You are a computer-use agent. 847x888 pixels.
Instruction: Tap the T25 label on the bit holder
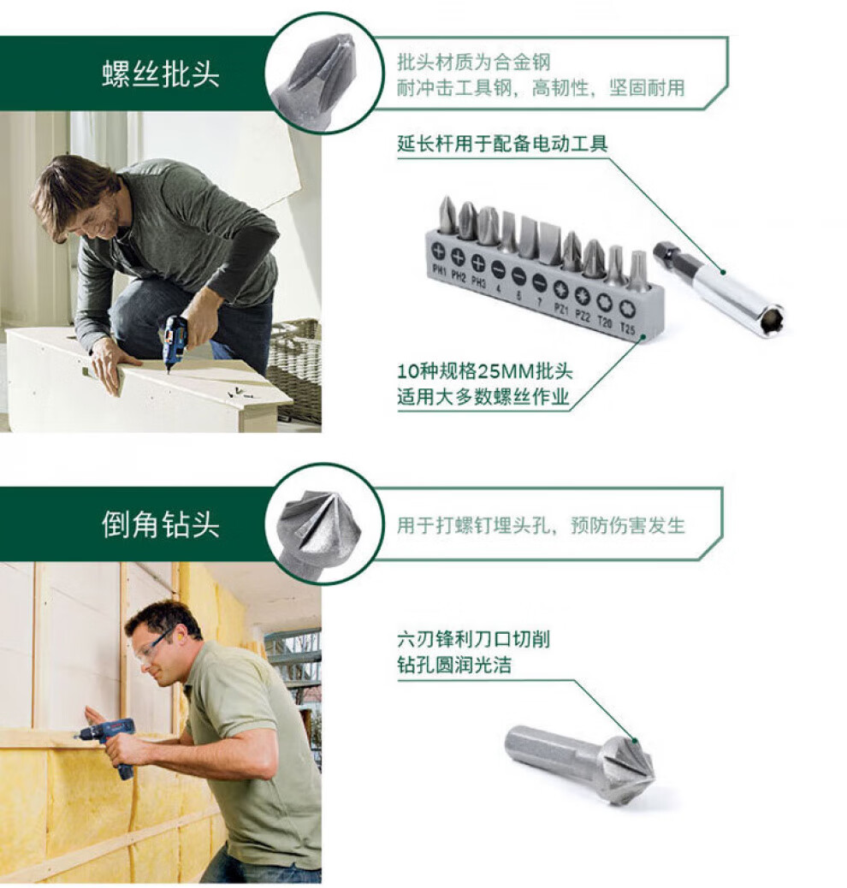pyautogui.click(x=627, y=328)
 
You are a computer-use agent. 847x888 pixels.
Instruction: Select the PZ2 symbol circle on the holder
pyautogui.click(x=583, y=295)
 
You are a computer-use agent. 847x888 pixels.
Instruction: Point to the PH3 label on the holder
pyautogui.click(x=478, y=281)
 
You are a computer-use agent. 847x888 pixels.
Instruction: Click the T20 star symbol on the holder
pyautogui.click(x=605, y=302)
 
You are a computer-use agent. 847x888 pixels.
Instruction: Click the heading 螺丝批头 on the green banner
pyautogui.click(x=161, y=74)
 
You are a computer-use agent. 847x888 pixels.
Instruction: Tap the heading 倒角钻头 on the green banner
pyautogui.click(x=161, y=524)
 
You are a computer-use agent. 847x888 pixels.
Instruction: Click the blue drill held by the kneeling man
pyautogui.click(x=175, y=341)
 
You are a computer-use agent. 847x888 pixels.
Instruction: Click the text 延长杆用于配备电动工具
pyautogui.click(x=502, y=143)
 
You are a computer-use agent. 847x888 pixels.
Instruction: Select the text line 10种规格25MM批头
pyautogui.click(x=485, y=371)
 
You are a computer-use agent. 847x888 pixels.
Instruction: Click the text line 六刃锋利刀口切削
pyautogui.click(x=474, y=639)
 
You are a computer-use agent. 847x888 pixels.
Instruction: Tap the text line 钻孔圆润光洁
pyautogui.click(x=454, y=665)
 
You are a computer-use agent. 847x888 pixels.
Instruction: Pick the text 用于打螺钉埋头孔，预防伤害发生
pyautogui.click(x=541, y=525)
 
